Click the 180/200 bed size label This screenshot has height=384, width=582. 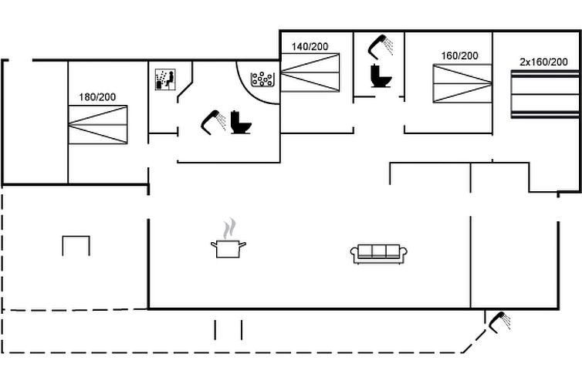pos(97,97)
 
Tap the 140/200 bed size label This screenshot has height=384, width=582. pos(310,46)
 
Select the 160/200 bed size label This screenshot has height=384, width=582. pos(459,56)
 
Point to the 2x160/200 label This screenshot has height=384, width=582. pos(543,62)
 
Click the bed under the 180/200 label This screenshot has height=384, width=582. pos(97,124)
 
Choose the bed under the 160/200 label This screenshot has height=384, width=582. pos(462,83)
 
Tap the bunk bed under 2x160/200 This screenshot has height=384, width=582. pos(544,93)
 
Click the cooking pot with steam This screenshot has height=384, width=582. pos(228,248)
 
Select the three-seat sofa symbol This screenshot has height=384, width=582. pos(379,254)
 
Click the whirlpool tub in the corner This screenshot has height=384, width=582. pos(263,79)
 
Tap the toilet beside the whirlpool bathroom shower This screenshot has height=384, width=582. pos(241,123)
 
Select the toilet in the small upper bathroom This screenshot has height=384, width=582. pos(379,76)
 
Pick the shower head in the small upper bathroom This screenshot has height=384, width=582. pos(381,46)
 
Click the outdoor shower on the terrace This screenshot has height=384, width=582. pos(499,322)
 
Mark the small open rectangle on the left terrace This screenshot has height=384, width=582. pos(76,246)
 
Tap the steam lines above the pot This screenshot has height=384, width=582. pos(228,229)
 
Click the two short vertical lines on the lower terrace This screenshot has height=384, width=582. pos(228,330)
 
